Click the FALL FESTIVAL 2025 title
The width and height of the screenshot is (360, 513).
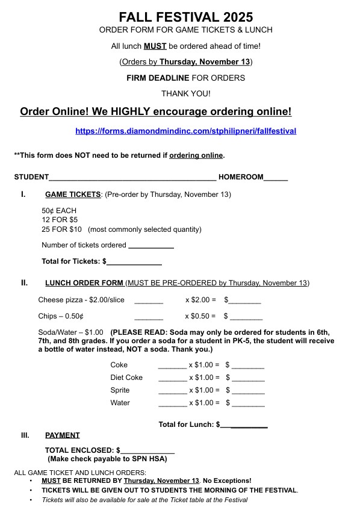185,17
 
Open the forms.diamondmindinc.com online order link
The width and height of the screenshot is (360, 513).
185,131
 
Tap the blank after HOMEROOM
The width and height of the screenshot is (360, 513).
276,179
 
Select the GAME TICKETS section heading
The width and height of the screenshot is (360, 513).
73,194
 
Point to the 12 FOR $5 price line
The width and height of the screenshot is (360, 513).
60,220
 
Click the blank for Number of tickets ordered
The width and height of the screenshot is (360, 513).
151,246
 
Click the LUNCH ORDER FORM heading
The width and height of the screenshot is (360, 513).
84,283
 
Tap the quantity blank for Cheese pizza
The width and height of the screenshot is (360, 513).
149,301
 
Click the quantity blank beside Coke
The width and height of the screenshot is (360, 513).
172,366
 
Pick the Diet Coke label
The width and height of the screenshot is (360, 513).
126,378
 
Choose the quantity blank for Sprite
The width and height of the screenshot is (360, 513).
172,391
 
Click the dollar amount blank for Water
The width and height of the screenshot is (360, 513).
248,404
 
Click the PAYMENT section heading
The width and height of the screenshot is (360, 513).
62,435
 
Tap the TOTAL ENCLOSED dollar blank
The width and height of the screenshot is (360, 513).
147,451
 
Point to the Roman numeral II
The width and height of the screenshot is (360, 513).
24,282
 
